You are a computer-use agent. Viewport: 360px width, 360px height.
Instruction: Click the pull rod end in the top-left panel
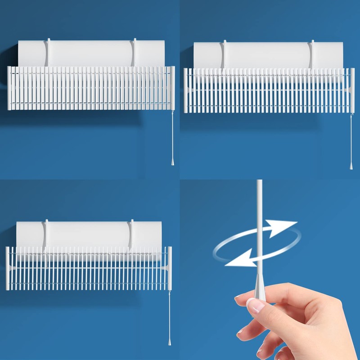click(172, 162)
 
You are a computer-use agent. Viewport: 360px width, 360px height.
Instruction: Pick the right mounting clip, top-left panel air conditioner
click(134, 51)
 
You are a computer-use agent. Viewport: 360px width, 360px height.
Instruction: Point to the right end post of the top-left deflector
click(172, 88)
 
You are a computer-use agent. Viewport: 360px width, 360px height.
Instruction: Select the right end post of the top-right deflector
click(352, 90)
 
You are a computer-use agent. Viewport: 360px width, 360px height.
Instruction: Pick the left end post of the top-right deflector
click(186, 90)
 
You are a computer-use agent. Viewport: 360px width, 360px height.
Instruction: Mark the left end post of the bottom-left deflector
click(7, 268)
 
